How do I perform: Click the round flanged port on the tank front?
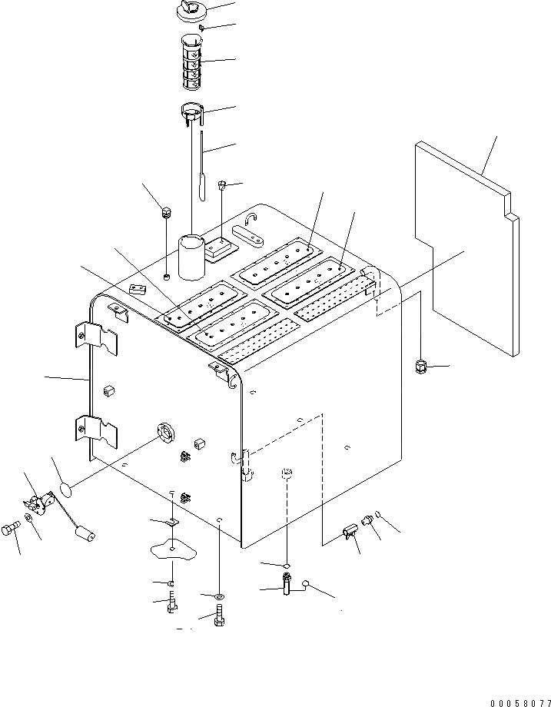click(165, 433)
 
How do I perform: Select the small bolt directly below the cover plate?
click(171, 603)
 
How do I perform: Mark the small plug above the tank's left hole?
click(165, 212)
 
